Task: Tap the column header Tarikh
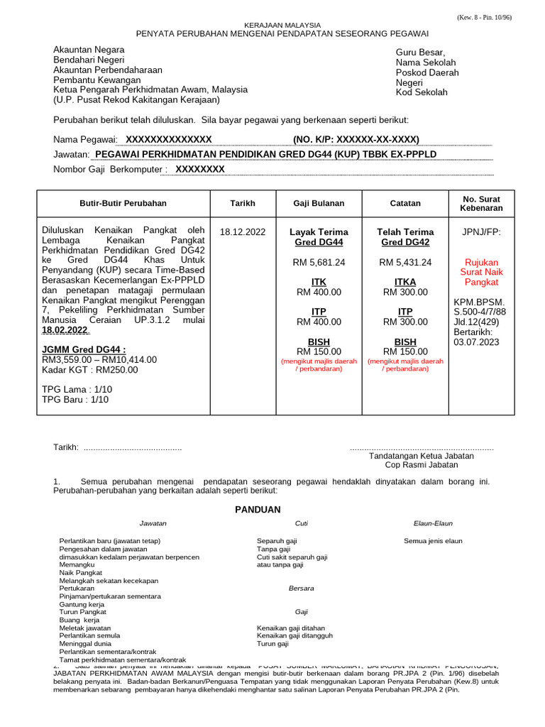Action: point(243,203)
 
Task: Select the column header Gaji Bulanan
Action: point(319,203)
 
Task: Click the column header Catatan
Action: point(405,203)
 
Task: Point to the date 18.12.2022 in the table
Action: point(243,232)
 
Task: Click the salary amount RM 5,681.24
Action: point(319,262)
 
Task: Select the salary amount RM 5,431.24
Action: point(405,262)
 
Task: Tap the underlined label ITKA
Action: point(405,282)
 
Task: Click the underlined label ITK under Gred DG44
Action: point(319,282)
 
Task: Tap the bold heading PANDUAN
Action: point(258,510)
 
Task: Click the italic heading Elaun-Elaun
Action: point(433,523)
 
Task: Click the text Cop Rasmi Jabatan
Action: point(422,466)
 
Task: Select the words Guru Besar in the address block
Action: point(420,53)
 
